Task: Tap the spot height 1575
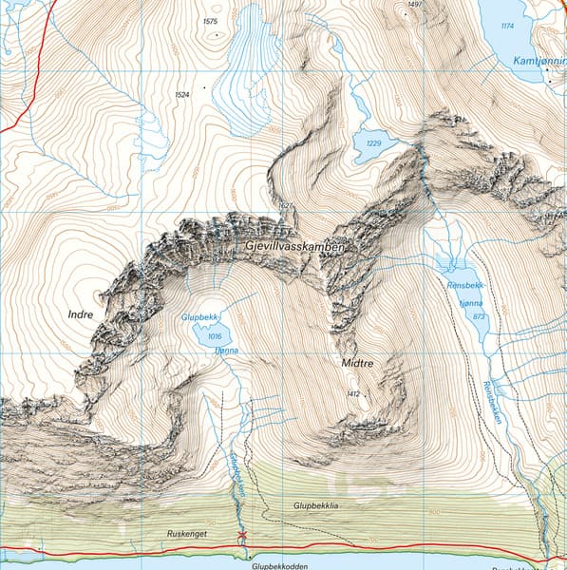210,21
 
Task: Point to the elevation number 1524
182,95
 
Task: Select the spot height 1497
412,5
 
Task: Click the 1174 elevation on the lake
507,26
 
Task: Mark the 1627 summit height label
283,205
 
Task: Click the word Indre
81,313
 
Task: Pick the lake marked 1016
213,336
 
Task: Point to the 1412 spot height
353,393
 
